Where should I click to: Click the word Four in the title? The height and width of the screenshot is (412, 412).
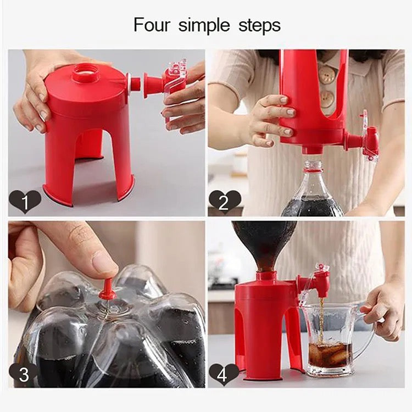pos(152,25)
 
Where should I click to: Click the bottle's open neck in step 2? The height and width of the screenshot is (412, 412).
pos(313,164)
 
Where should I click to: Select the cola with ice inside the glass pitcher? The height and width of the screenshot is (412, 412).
pos(330,355)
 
